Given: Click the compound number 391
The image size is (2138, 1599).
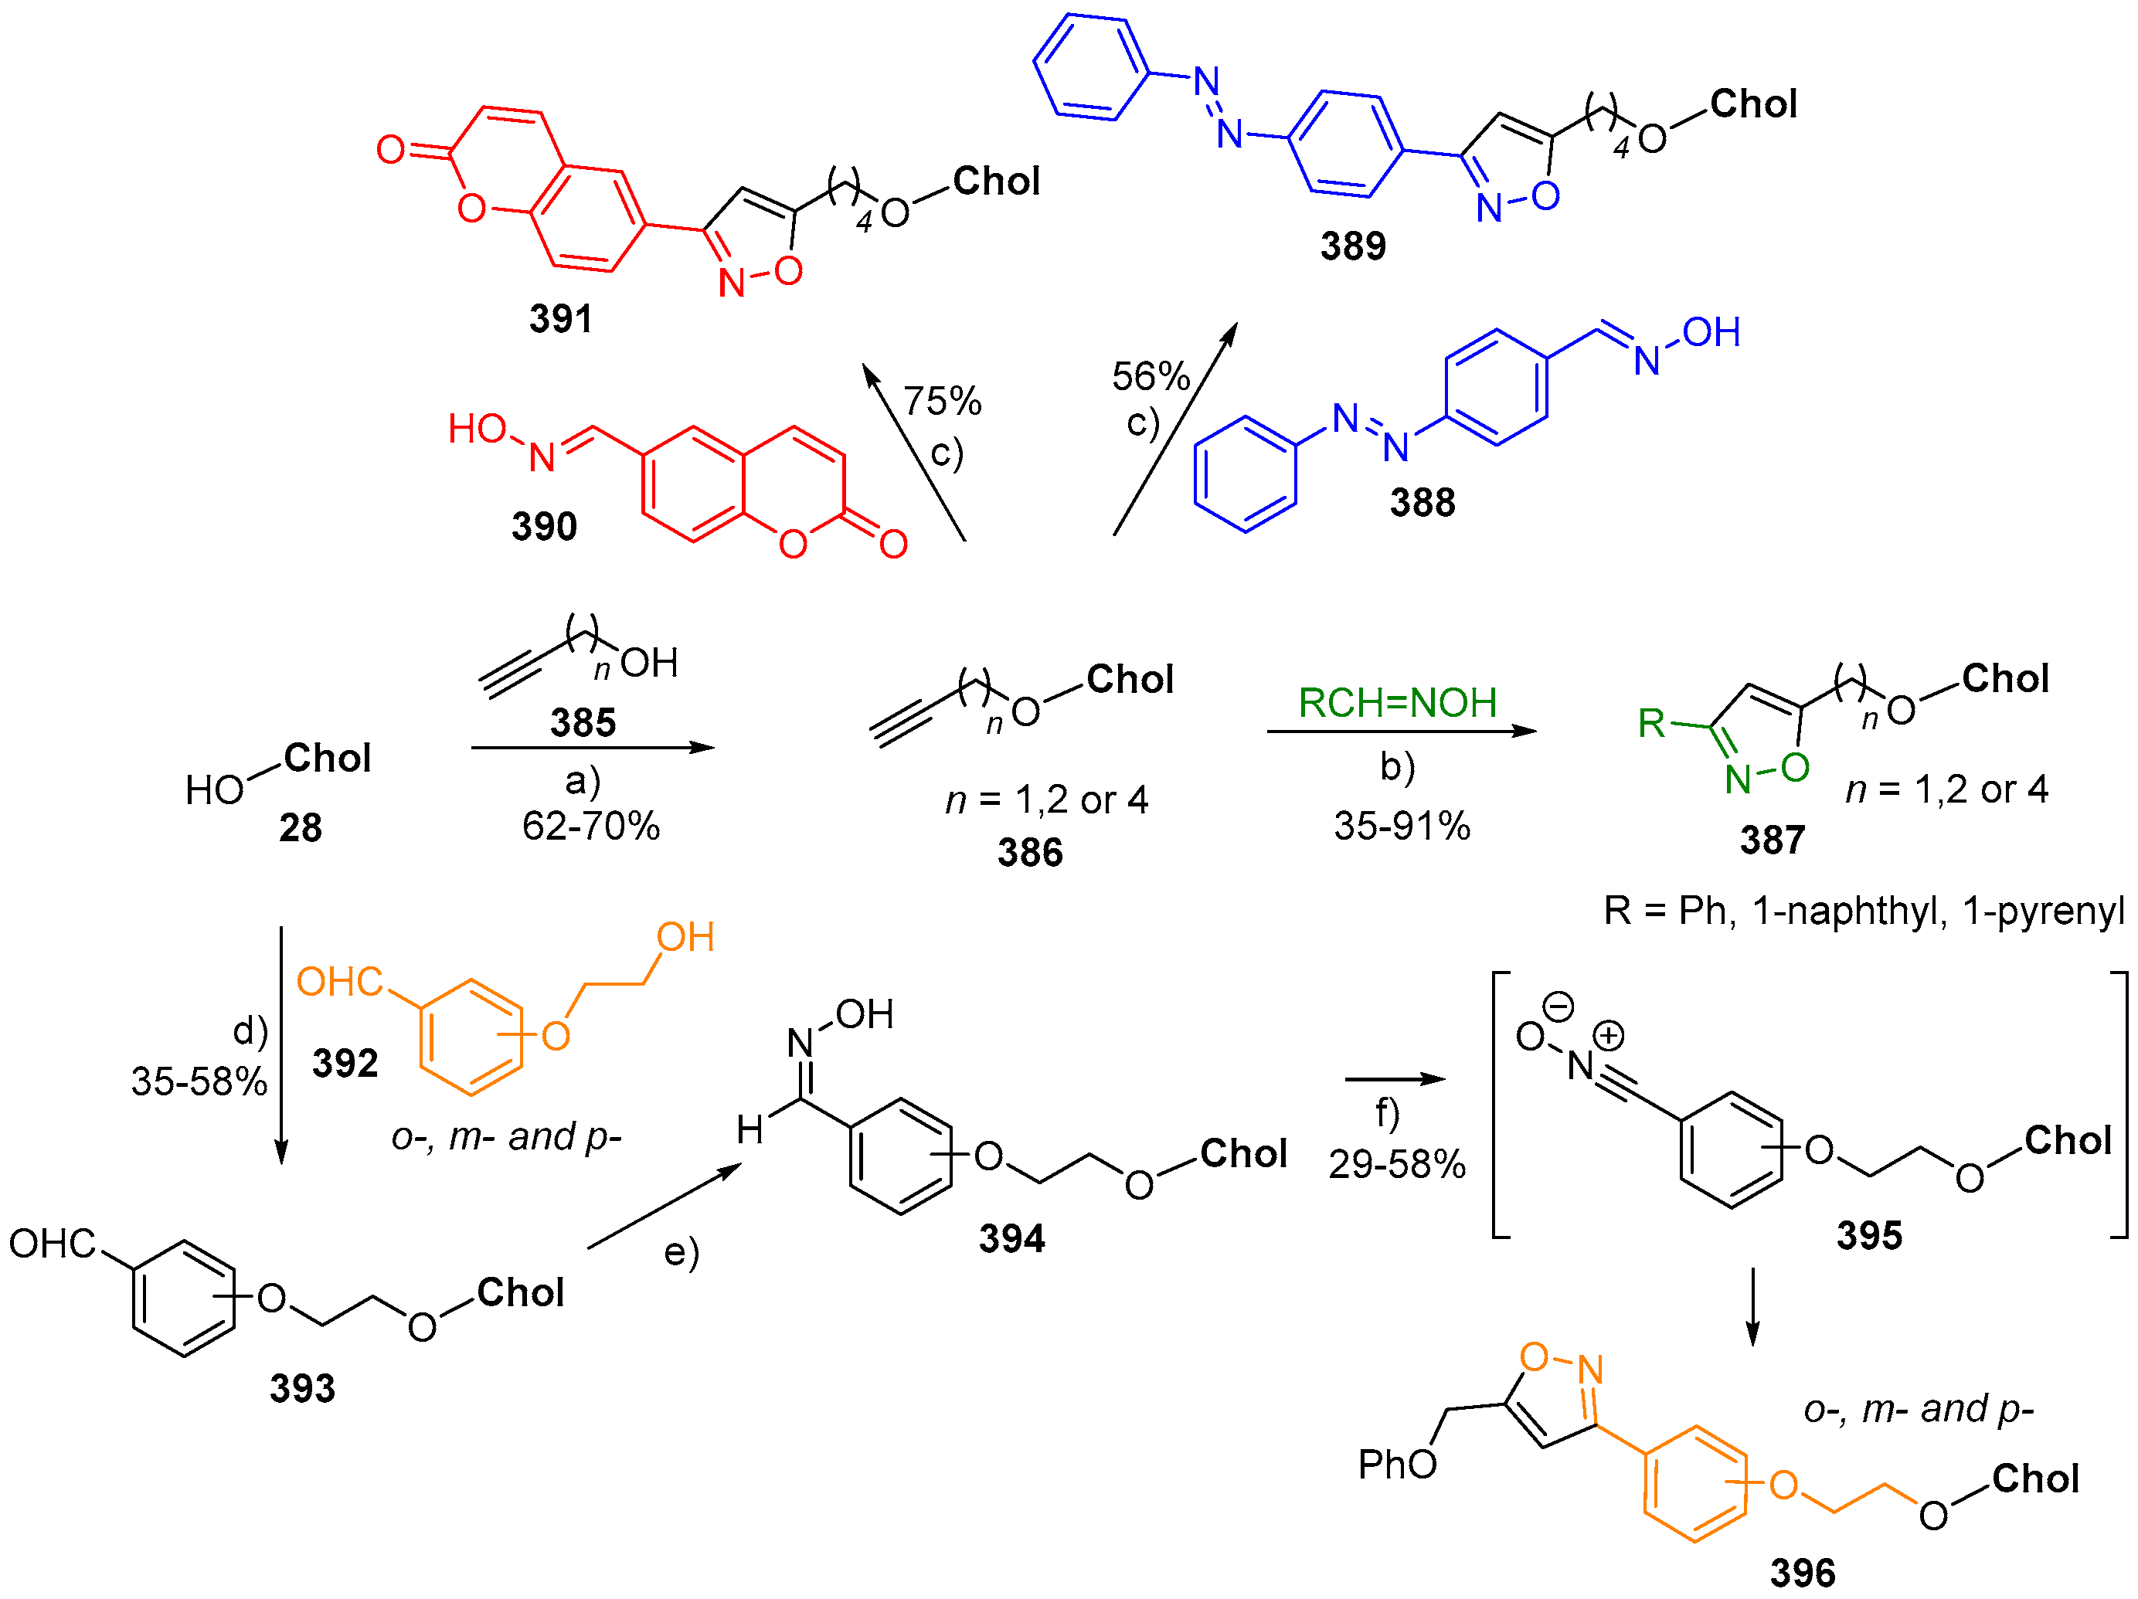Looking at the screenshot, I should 561,319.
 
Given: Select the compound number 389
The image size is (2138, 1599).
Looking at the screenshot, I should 1352,246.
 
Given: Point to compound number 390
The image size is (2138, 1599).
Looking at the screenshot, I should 544,528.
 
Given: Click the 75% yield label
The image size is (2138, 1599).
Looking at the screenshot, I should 943,401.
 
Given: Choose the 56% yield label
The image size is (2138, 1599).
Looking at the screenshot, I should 1151,377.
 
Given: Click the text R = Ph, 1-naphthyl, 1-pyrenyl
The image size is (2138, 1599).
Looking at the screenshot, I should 1864,911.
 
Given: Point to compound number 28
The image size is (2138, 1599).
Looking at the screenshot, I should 300,829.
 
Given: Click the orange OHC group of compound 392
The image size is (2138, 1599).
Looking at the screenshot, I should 339,983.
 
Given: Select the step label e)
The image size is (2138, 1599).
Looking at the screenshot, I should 681,1253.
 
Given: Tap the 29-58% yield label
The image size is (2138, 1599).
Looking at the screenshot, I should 1397,1165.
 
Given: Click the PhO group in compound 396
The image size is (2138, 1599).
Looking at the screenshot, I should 1397,1465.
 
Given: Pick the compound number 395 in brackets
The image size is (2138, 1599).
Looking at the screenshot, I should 1868,1236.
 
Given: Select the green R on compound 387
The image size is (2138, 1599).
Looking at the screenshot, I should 1652,724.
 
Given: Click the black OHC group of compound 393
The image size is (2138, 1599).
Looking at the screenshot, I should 53,1244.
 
